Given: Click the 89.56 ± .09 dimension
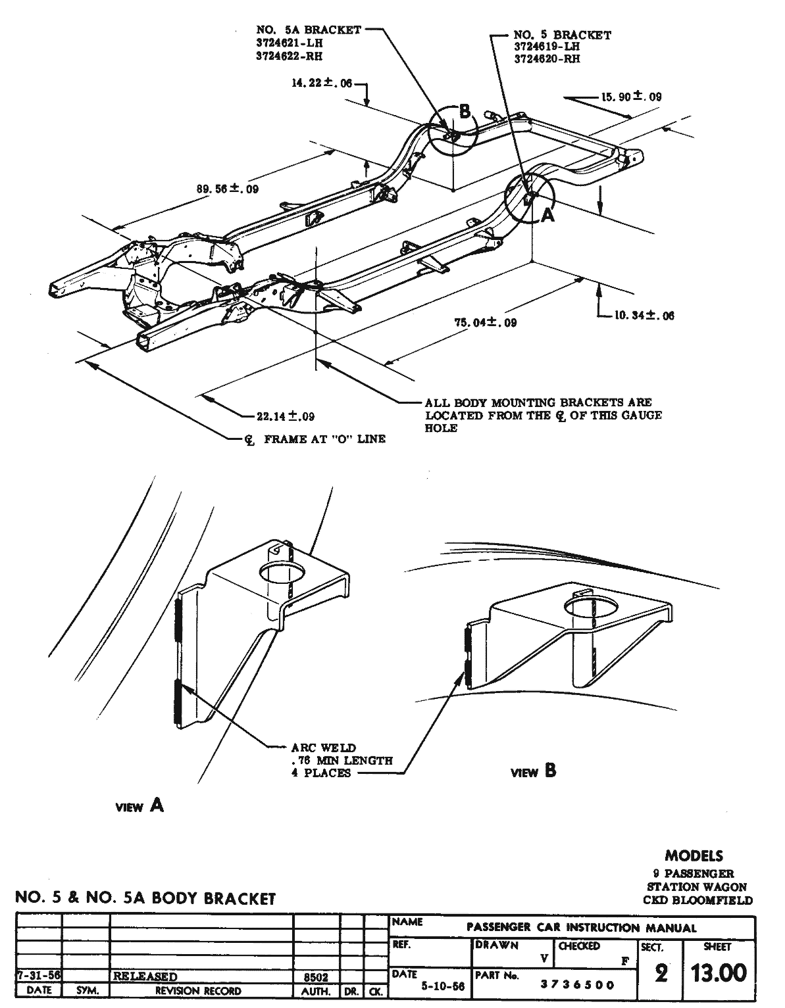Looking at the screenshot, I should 228,189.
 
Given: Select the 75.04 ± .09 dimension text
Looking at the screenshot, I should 486,322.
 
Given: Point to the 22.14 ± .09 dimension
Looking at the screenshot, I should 285,416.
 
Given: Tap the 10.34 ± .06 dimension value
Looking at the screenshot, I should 644,316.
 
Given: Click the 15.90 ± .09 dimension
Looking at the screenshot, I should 630,97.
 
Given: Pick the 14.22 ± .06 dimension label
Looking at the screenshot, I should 320,83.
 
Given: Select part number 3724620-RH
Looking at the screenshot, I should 547,59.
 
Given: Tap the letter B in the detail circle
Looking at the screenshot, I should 465,112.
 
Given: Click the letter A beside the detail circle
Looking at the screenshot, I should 547,215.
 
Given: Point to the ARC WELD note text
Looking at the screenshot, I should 323,748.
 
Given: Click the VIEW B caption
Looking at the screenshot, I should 534,771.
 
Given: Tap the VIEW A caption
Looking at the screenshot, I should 139,805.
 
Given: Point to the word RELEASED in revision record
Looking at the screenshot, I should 145,976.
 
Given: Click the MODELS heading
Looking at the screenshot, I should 694,856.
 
